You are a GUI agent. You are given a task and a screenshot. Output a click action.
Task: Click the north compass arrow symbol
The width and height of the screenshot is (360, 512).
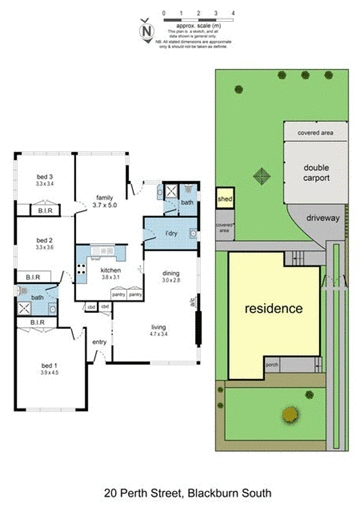(148, 30)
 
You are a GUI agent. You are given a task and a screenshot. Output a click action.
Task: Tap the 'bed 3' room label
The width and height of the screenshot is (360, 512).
(44, 179)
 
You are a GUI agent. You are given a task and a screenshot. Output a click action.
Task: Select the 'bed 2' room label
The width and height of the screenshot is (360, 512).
(43, 241)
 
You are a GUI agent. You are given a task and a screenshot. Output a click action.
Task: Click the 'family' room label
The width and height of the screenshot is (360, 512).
(105, 198)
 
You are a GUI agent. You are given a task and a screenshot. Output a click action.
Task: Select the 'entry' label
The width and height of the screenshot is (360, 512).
(99, 342)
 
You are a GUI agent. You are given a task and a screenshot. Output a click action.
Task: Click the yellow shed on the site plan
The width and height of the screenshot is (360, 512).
(226, 199)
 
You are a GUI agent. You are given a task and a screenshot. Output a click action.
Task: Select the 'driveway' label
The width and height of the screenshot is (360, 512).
(323, 216)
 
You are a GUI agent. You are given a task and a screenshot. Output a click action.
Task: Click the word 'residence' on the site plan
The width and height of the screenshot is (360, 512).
(273, 308)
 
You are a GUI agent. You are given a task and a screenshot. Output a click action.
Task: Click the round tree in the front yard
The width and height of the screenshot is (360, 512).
(290, 413)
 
